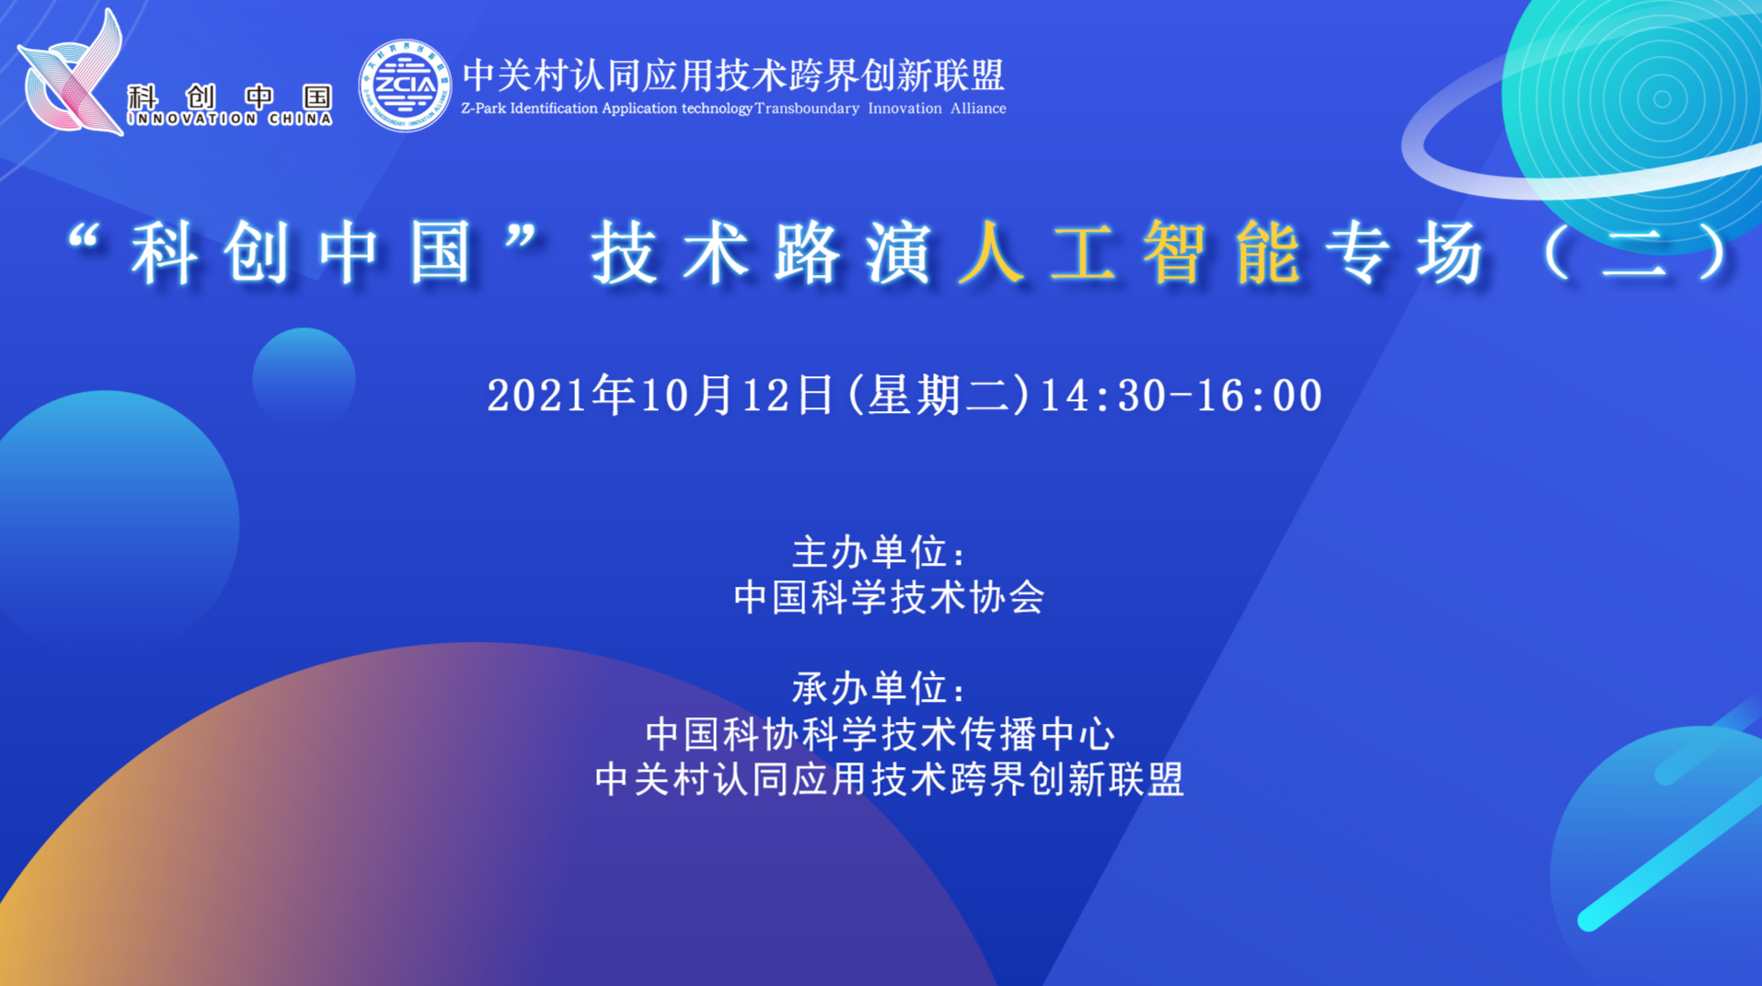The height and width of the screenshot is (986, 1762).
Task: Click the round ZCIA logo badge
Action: coord(405,86)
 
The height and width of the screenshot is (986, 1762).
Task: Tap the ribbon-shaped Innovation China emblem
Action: coord(71,73)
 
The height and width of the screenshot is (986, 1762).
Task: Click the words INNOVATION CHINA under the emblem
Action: coord(230,119)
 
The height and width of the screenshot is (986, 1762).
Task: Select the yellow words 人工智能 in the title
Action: coord(1130,252)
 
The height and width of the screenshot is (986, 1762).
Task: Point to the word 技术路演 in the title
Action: coord(762,252)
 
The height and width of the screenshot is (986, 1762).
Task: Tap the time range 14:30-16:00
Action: coord(1181,396)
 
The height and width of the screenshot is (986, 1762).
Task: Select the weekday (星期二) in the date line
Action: coord(937,396)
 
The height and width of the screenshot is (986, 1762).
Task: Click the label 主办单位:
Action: coord(879,553)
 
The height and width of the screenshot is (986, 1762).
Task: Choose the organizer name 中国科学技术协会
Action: coord(889,598)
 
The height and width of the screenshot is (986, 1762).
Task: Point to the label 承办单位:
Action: coord(879,688)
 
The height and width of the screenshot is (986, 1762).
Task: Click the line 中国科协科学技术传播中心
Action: coord(881,734)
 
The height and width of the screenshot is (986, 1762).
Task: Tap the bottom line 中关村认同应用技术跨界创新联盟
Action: coord(890,779)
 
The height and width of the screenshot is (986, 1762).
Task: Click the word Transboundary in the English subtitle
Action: coord(807,109)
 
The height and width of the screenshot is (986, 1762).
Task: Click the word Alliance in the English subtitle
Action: coord(978,109)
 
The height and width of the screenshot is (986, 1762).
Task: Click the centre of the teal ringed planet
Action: coord(1661,99)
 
